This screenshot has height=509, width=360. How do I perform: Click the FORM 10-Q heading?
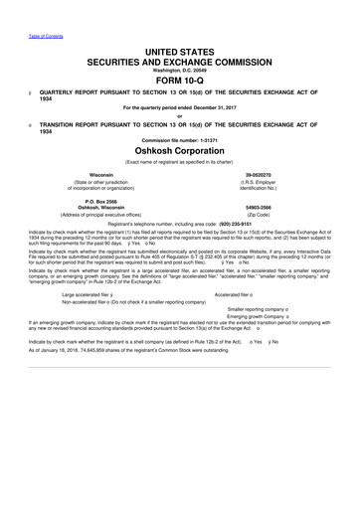(180, 82)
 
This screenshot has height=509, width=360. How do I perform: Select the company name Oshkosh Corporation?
(180, 151)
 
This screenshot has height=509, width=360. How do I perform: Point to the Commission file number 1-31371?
(180, 138)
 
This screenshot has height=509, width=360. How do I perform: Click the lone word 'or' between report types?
(180, 113)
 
